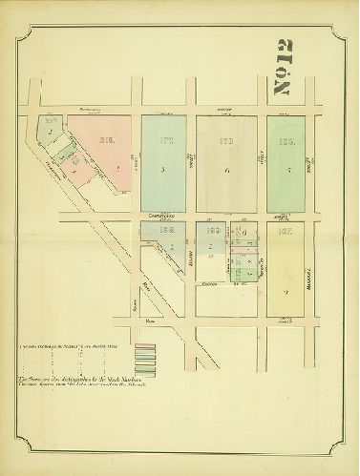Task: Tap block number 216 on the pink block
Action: (106, 141)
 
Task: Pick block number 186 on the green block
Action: (286, 140)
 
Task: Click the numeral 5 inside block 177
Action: (163, 170)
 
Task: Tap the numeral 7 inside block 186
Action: (286, 170)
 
